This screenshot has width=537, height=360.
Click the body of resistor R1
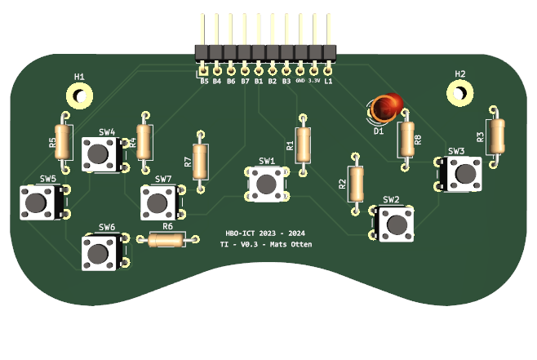tap(304, 144)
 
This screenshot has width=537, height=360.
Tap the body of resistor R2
tap(356, 184)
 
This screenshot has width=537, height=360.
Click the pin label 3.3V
tap(314, 81)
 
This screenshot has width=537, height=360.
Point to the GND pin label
tap(300, 81)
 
